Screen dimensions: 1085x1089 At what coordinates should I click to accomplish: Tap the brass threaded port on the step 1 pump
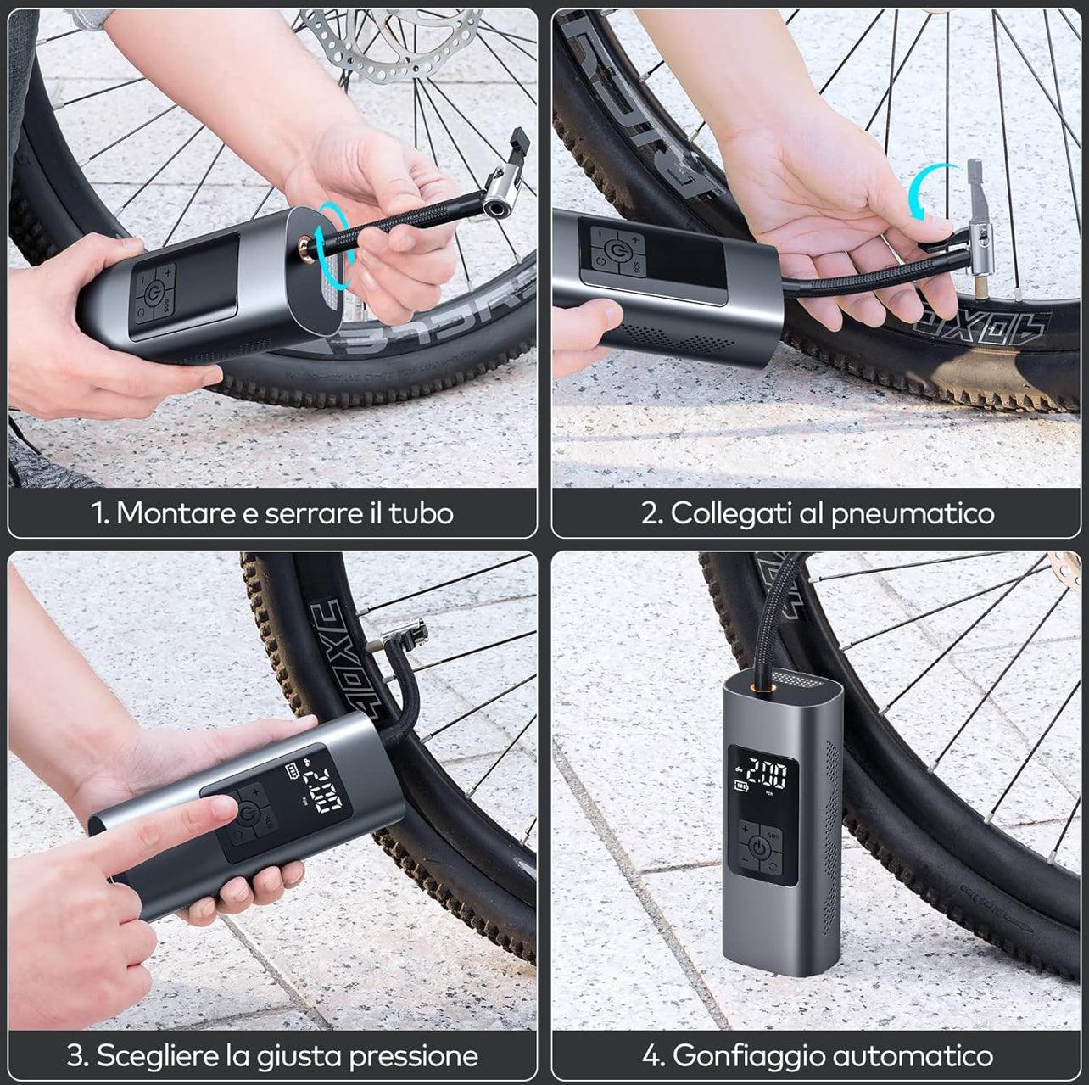pos(302,247)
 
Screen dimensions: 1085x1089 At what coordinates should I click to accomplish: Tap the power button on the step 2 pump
pos(617,252)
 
